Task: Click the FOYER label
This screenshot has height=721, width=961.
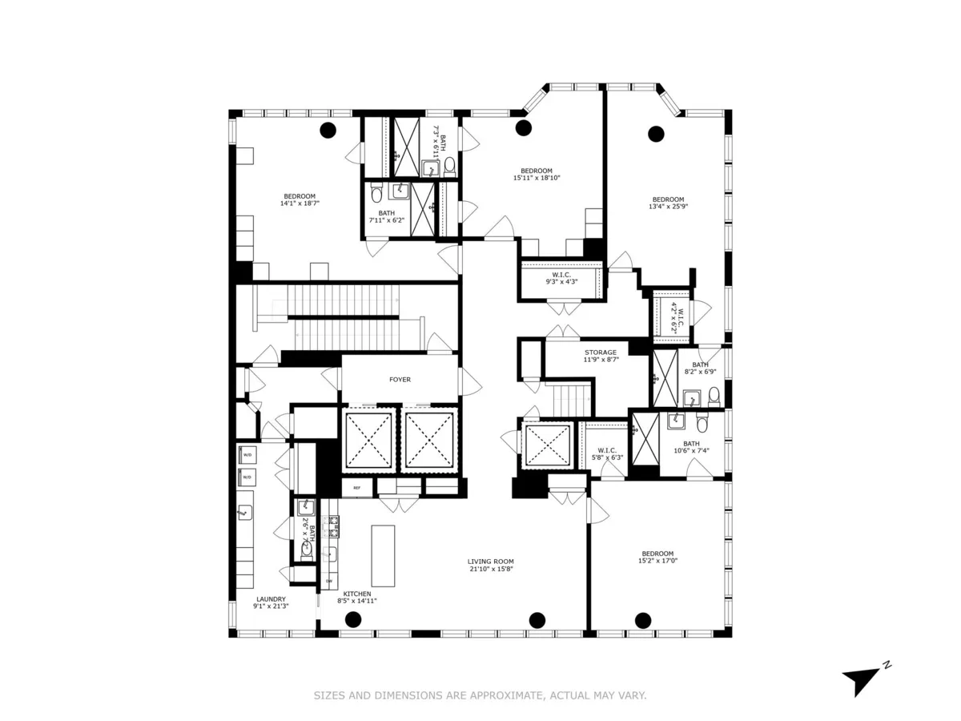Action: tap(400, 380)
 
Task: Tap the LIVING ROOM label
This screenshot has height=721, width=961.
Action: tap(491, 562)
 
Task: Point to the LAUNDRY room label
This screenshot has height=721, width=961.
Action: tap(271, 598)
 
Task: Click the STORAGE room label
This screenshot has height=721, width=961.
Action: tap(600, 352)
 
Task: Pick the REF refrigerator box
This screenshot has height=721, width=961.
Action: tap(357, 486)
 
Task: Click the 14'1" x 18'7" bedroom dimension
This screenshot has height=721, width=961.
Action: tap(300, 203)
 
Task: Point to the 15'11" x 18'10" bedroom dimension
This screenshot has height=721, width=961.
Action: tap(536, 178)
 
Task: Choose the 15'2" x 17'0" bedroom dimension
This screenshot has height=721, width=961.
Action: tap(657, 561)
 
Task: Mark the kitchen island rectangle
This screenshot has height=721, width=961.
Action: tap(384, 556)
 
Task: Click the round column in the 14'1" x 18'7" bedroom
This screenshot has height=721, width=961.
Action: tap(328, 130)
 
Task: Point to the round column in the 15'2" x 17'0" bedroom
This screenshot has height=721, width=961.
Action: tap(642, 618)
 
